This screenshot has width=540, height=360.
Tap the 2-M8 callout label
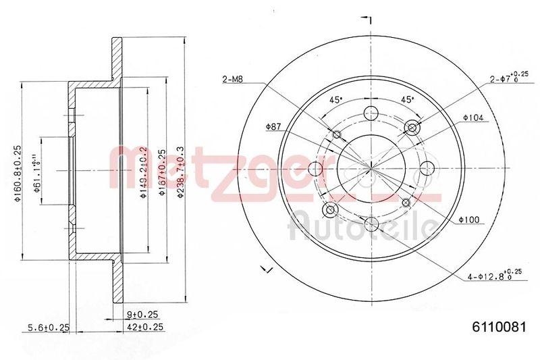pos(232,80)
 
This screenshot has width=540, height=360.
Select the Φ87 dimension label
pos(273,126)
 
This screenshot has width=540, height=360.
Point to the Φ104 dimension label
pos(475,118)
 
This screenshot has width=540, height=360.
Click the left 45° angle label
pos(335,99)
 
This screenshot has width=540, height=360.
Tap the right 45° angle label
pos(407,99)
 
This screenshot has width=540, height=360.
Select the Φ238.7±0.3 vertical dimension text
pos(180,172)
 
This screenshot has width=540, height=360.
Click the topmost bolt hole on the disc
pos(370,113)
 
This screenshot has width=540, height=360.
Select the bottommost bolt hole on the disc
pos(370,224)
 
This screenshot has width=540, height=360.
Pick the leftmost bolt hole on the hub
pos(315,168)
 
